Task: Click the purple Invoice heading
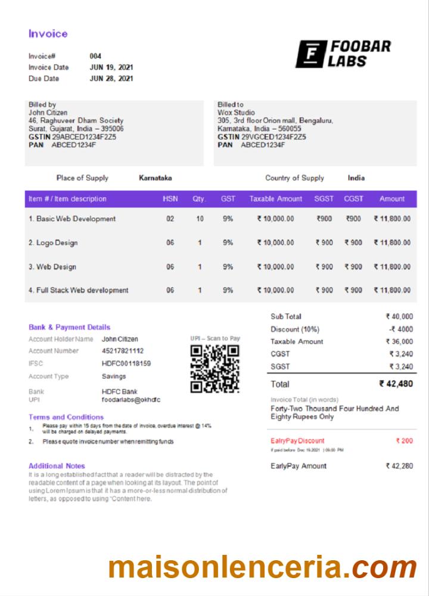coord(48,34)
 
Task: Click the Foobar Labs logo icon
coord(310,54)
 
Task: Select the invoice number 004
coord(95,56)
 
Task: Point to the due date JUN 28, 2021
coord(111,78)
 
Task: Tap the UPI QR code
coord(214,369)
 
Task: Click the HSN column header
coord(170,199)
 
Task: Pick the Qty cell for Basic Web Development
coord(200,219)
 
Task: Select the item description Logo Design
coord(53,243)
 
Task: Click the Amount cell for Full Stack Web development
coord(392,290)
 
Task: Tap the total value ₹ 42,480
coord(396,384)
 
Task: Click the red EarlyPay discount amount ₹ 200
coord(404,441)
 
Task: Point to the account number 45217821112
coord(123,351)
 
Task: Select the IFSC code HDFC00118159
coord(126,364)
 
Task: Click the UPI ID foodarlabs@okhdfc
coord(131,400)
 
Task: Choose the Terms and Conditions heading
coord(66,417)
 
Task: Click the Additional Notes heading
coord(57,466)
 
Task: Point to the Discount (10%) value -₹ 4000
coord(400,329)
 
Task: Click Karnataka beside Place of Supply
coord(156,178)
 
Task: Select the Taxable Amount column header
coord(276,199)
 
